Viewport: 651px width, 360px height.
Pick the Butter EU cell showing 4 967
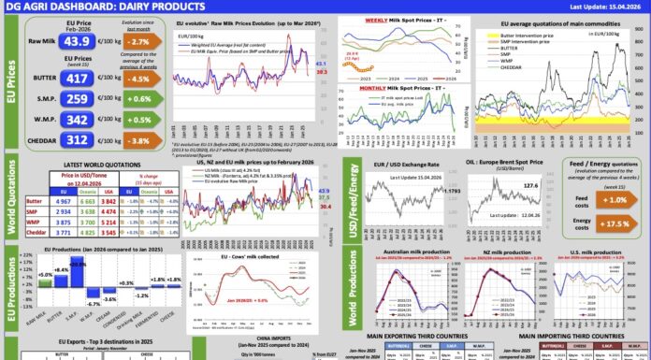[x=61, y=200]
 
